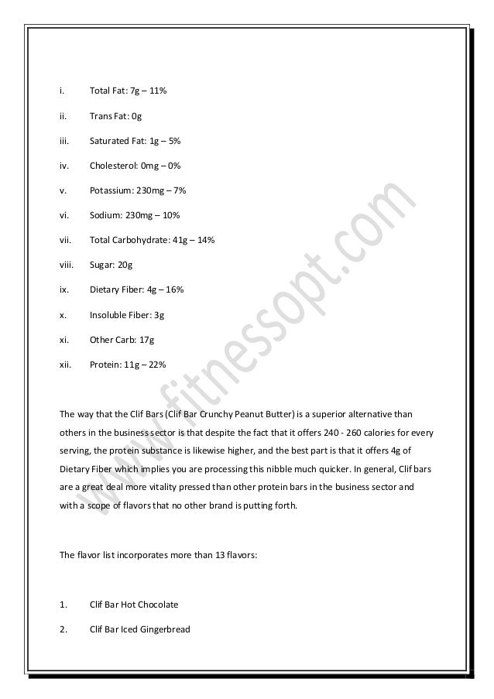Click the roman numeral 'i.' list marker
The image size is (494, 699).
[x=61, y=91]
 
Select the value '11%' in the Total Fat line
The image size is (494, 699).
[x=156, y=91]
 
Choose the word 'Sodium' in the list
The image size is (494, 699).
[x=105, y=215]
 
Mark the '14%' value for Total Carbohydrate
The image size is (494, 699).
[x=204, y=240]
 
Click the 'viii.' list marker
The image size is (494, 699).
[x=66, y=265]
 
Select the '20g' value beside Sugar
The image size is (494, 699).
[x=124, y=265]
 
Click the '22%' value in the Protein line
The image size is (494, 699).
[x=155, y=364]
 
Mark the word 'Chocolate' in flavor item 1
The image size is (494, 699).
[x=156, y=605]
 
